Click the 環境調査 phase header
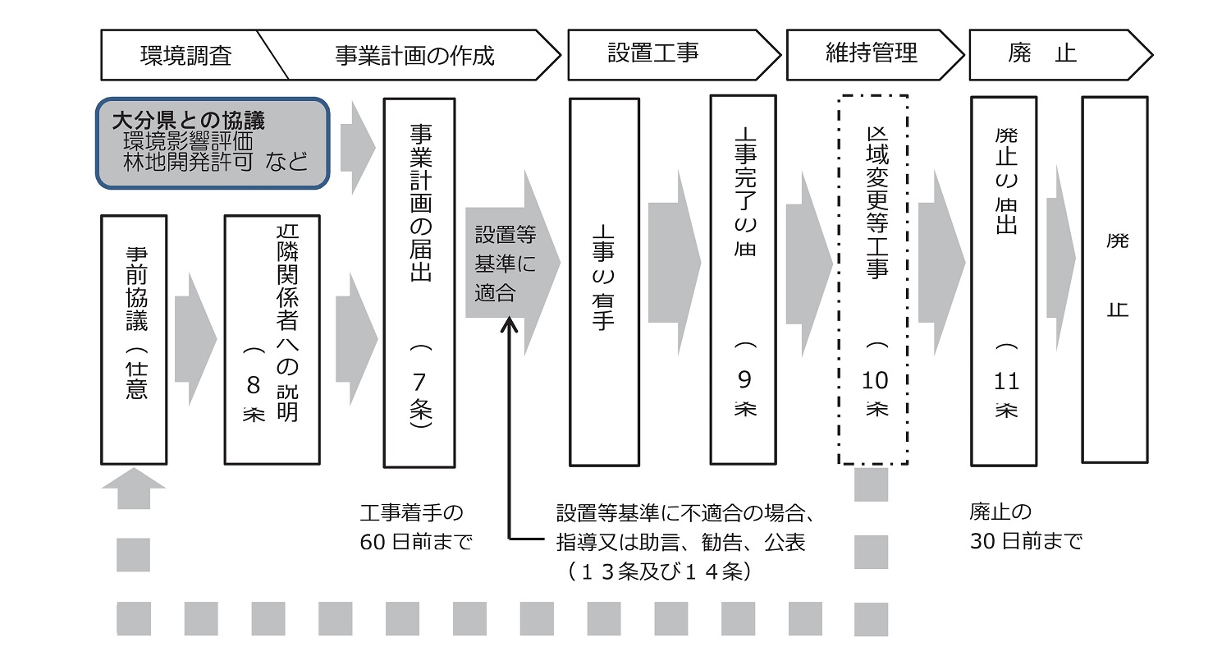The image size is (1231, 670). pyautogui.click(x=185, y=56)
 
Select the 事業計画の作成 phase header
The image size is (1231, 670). pyautogui.click(x=414, y=56)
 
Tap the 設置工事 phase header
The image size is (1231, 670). pyautogui.click(x=653, y=54)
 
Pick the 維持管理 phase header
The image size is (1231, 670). pyautogui.click(x=872, y=54)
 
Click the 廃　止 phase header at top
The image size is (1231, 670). pyautogui.click(x=1042, y=54)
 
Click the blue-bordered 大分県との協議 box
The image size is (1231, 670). pyautogui.click(x=213, y=143)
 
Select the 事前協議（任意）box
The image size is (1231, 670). pyautogui.click(x=134, y=339)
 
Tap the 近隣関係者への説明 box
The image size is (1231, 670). pyautogui.click(x=272, y=339)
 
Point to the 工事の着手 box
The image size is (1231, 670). pyautogui.click(x=604, y=282)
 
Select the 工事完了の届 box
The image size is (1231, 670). pyautogui.click(x=744, y=279)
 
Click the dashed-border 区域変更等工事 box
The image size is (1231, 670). pyautogui.click(x=873, y=279)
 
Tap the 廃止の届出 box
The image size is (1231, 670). pyautogui.click(x=1004, y=279)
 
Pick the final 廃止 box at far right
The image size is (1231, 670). pyautogui.click(x=1114, y=279)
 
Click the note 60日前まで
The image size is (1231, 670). pyautogui.click(x=416, y=542)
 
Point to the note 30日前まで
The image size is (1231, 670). pyautogui.click(x=1026, y=541)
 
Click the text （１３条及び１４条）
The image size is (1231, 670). pyautogui.click(x=659, y=571)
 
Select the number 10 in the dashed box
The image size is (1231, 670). pyautogui.click(x=875, y=380)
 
